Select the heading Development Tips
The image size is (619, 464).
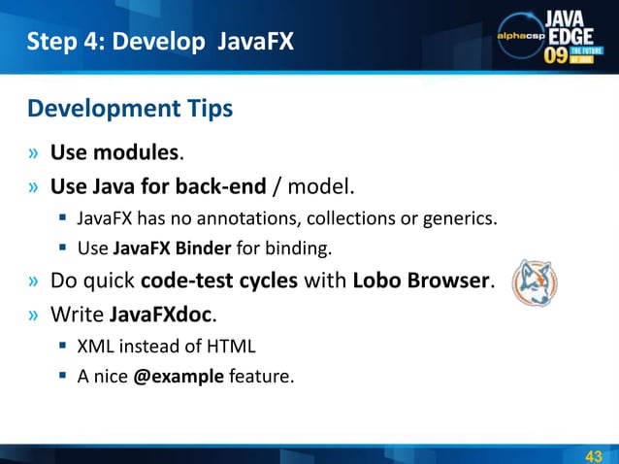point(130,108)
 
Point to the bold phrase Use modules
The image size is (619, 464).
point(114,152)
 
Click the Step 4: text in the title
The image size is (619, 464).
point(64,41)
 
